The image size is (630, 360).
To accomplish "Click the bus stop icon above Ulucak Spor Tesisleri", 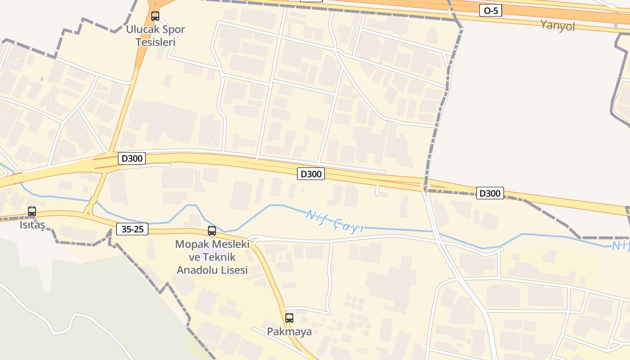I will click(x=155, y=16).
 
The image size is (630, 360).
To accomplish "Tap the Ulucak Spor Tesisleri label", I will click(x=155, y=36).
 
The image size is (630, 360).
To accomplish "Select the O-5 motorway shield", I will click(x=490, y=10).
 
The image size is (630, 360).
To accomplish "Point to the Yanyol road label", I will click(x=558, y=26).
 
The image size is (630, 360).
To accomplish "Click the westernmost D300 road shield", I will click(x=132, y=158).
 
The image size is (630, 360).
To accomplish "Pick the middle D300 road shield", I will click(x=310, y=174).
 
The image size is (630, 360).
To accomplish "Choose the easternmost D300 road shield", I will click(x=490, y=193).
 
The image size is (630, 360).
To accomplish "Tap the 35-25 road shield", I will click(x=132, y=229).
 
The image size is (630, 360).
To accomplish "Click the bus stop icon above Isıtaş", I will click(x=32, y=211).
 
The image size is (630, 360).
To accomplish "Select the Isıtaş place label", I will click(x=32, y=225).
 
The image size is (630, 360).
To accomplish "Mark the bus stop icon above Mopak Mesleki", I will click(x=212, y=231).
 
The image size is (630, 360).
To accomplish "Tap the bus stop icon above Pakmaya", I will click(x=289, y=318).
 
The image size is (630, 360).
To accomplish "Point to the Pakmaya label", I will click(x=289, y=332).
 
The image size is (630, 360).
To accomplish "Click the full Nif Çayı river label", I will click(x=334, y=221).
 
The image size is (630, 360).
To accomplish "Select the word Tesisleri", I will click(x=155, y=42).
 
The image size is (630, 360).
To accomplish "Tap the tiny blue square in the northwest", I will click(x=42, y=79).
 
